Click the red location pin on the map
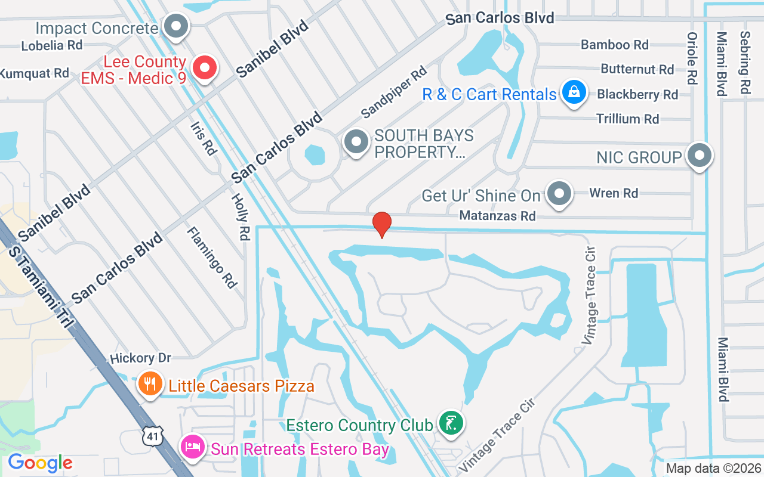pos(382,225)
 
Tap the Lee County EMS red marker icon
pos(205,68)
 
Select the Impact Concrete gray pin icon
pos(176,26)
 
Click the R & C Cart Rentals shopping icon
pos(574,93)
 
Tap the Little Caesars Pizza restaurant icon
pos(149,384)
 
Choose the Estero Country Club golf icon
pos(451,423)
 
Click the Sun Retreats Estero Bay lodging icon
pos(193,447)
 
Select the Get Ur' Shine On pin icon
pos(559,193)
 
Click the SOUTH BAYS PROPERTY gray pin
pos(356,142)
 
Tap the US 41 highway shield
pos(152,436)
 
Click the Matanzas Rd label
pos(497,216)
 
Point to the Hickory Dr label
pos(140,358)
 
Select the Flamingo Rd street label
pos(211,257)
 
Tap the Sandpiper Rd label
pos(394,91)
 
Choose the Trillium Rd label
pos(627,119)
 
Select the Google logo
pos(40,463)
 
